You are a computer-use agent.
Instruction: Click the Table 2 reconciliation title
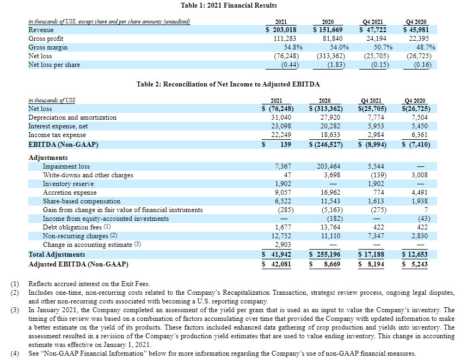point(228,85)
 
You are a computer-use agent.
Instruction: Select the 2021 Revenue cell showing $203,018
point(281,30)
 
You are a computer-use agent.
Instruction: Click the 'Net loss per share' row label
point(54,65)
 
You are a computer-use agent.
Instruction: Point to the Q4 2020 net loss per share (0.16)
point(416,65)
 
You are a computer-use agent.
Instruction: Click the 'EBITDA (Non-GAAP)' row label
point(60,144)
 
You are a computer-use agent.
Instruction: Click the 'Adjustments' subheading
point(48,158)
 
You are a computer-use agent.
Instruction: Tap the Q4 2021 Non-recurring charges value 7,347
point(376,236)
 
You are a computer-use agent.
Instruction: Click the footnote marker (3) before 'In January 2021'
point(14,309)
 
